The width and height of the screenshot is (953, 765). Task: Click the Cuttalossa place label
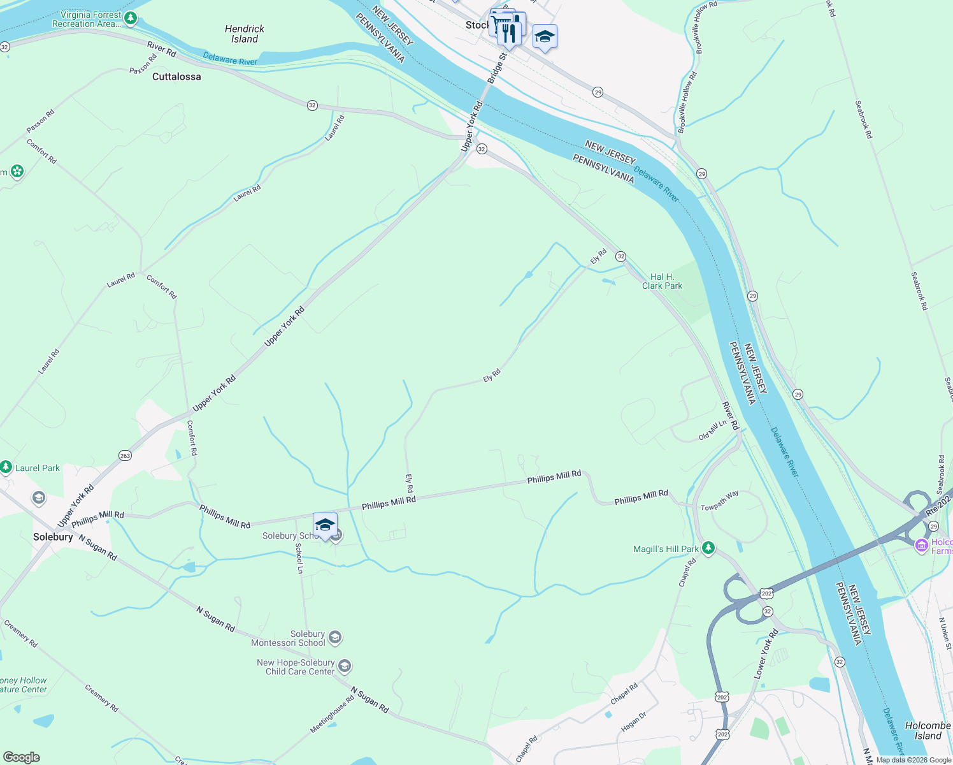[x=176, y=76]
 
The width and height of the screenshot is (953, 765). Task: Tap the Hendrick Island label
[x=245, y=34]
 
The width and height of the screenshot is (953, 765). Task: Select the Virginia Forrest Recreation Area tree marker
[x=131, y=18]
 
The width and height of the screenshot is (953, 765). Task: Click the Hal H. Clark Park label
[x=662, y=281]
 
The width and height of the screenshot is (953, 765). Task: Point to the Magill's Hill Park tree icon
[x=708, y=548]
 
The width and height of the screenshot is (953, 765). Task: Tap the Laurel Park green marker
[x=6, y=468]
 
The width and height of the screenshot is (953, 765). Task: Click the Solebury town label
[x=53, y=537]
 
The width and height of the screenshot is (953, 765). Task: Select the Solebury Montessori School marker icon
[x=335, y=637]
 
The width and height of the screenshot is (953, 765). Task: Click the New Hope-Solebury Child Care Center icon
[x=344, y=667]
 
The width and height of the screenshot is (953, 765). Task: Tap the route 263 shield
[x=125, y=455]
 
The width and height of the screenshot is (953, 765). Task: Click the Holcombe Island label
[x=928, y=731]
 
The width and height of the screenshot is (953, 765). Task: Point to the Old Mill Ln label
[x=712, y=430]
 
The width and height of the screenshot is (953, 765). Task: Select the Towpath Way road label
[x=720, y=500]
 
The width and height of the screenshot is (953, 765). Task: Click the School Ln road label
[x=299, y=558]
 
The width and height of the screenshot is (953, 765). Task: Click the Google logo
[x=21, y=757]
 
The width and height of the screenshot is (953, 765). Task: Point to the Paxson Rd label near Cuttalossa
[x=143, y=64]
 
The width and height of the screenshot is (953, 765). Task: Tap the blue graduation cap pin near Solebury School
[x=325, y=525]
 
